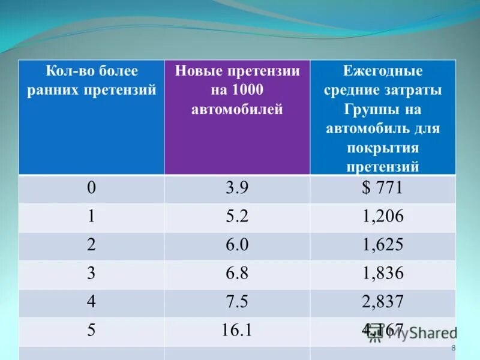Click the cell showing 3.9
(237, 188)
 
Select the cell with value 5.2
(237, 217)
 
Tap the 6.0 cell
(237, 245)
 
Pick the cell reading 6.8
(237, 274)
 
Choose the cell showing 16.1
(237, 331)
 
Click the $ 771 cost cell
(382, 188)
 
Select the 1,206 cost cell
(382, 217)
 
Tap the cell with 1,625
(382, 245)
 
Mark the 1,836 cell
(382, 274)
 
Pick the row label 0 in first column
(91, 188)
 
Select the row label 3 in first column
(91, 274)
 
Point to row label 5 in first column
(91, 331)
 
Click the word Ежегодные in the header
(383, 71)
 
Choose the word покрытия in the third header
(382, 148)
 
